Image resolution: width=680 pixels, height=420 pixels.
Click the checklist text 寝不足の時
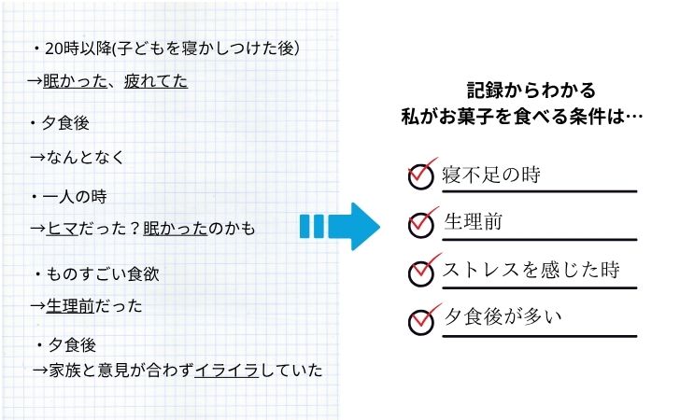click(490, 175)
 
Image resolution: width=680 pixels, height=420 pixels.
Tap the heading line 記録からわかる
click(531, 91)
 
